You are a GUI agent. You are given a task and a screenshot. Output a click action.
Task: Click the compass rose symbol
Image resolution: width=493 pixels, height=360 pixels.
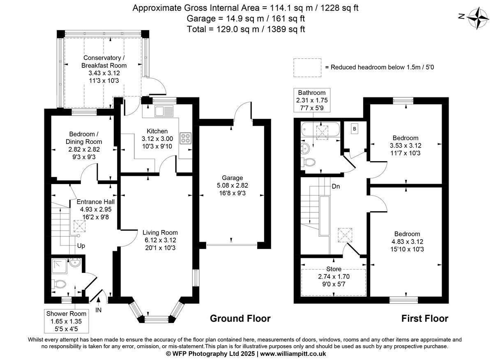tap(477, 17)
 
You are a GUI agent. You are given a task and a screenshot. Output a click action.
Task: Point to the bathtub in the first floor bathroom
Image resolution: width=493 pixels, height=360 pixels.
tap(320, 131)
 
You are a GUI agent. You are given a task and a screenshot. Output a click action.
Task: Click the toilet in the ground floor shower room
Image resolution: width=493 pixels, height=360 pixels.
tap(59, 284)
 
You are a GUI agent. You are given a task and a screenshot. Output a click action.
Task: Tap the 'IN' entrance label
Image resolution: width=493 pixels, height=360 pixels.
tap(99, 310)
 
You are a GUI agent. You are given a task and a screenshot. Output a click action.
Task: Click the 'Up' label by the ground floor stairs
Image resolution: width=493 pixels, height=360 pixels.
tap(81, 246)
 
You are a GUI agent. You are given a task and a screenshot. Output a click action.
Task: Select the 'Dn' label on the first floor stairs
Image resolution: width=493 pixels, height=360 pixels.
tap(336, 185)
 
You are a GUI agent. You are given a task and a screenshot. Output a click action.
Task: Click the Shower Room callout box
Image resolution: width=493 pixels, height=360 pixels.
tap(66, 321)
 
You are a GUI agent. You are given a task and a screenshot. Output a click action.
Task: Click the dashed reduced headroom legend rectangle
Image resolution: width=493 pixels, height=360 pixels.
tap(307, 67)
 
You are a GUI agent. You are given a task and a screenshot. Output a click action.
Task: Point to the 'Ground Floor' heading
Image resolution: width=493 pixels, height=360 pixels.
tap(240, 318)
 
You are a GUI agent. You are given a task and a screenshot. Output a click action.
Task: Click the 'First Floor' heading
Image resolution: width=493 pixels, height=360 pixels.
tap(424, 318)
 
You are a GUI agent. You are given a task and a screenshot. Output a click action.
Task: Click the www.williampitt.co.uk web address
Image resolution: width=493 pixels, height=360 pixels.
tap(293, 353)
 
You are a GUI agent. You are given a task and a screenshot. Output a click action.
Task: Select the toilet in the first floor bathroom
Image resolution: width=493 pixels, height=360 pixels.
tap(309, 162)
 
